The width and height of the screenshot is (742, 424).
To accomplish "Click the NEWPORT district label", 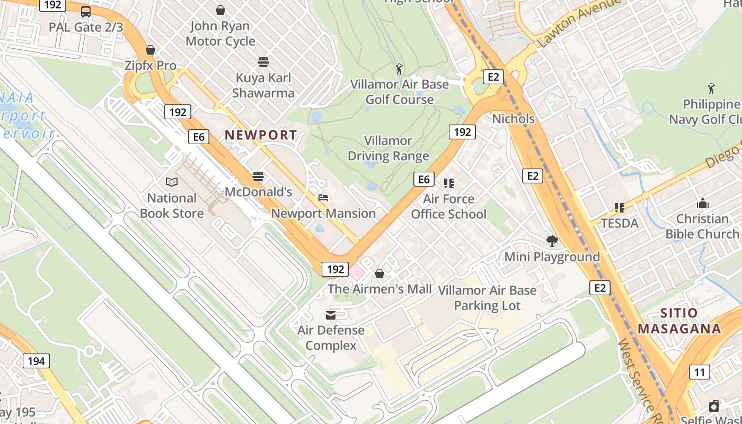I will tap(260, 135).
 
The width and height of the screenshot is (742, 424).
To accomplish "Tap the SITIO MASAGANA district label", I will tap(679, 321).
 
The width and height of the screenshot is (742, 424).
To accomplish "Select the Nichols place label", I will tap(513, 118).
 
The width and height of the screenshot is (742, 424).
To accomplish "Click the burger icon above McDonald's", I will tap(258, 176).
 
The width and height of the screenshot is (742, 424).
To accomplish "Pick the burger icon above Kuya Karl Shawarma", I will tap(263, 62).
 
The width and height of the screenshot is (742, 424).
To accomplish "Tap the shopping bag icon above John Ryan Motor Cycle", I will tap(220, 10).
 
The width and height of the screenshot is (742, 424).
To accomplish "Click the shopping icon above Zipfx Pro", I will tap(151, 50).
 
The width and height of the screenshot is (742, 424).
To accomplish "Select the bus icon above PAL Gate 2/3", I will tap(85, 11).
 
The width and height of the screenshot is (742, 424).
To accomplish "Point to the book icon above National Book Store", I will tap(172, 182).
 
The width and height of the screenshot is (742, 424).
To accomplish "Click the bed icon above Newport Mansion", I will tap(323, 198).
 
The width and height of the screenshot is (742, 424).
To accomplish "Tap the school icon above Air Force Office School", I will tap(448, 183).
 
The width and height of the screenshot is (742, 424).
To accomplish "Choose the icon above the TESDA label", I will tap(619, 208).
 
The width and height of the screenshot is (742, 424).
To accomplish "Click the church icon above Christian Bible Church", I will tap(703, 203).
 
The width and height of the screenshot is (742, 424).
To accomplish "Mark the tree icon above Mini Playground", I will tap(552, 241).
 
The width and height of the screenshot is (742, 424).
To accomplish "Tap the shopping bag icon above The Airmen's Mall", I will tap(379, 273).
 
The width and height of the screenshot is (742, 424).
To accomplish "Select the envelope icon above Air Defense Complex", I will tap(331, 315).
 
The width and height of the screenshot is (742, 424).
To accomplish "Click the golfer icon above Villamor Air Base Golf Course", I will tap(399, 68).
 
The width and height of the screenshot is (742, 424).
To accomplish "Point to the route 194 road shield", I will tap(36, 361).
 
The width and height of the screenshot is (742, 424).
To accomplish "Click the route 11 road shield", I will tap(700, 372).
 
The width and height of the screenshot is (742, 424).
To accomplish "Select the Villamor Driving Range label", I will tap(388, 148).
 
